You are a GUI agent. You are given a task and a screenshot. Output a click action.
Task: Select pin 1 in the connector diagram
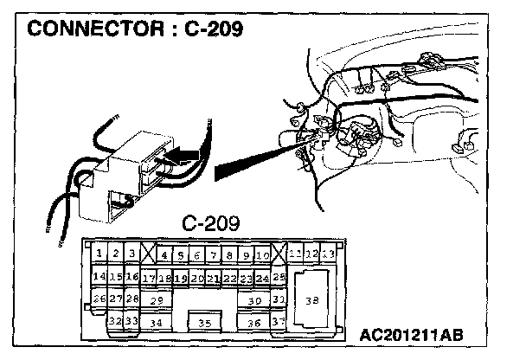[100, 254]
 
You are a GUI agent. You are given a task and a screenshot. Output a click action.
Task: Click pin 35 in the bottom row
[204, 323]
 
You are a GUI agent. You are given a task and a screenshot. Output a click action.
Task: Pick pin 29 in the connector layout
[157, 299]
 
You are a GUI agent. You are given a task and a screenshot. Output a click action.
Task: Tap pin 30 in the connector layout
[253, 299]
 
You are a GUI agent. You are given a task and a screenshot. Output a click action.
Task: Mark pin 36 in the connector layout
[253, 323]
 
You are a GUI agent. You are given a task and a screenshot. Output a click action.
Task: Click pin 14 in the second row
[99, 277]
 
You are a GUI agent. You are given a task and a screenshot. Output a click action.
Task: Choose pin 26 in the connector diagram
[99, 299]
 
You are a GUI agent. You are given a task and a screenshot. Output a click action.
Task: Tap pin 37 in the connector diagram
[278, 321]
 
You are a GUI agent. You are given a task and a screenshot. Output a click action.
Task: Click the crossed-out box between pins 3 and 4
[149, 254]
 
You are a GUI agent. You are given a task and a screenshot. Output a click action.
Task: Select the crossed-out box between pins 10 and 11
[279, 254]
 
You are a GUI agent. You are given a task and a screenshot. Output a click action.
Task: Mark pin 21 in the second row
[213, 278]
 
